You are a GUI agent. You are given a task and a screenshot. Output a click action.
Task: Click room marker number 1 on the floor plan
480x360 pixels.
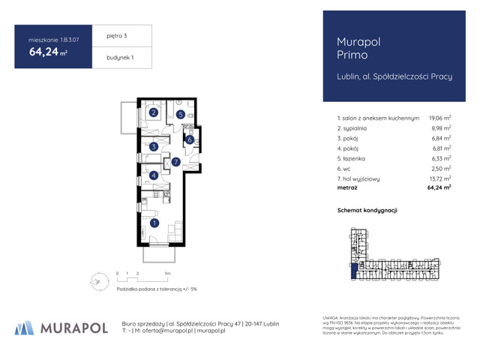pyautogui.click(x=154, y=223)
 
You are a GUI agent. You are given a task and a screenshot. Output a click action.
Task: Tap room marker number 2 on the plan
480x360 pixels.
pyautogui.click(x=153, y=113)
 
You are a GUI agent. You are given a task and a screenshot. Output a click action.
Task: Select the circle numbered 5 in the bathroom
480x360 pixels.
pyautogui.click(x=181, y=114)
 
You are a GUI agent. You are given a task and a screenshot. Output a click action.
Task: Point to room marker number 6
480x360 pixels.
pyautogui.click(x=190, y=139)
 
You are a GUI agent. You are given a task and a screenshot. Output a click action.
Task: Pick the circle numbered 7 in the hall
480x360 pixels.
pyautogui.click(x=175, y=161)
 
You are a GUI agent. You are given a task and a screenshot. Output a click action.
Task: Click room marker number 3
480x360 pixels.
pyautogui.click(x=153, y=147)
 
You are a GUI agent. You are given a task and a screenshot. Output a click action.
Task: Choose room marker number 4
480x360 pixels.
pyautogui.click(x=153, y=175)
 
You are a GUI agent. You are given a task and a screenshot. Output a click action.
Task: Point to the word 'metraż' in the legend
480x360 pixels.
pyautogui.click(x=349, y=189)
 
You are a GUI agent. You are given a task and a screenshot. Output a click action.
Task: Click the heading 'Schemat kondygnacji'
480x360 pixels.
pyautogui.click(x=367, y=211)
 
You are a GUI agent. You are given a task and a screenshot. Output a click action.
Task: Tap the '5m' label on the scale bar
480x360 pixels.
pyautogui.click(x=169, y=274)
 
